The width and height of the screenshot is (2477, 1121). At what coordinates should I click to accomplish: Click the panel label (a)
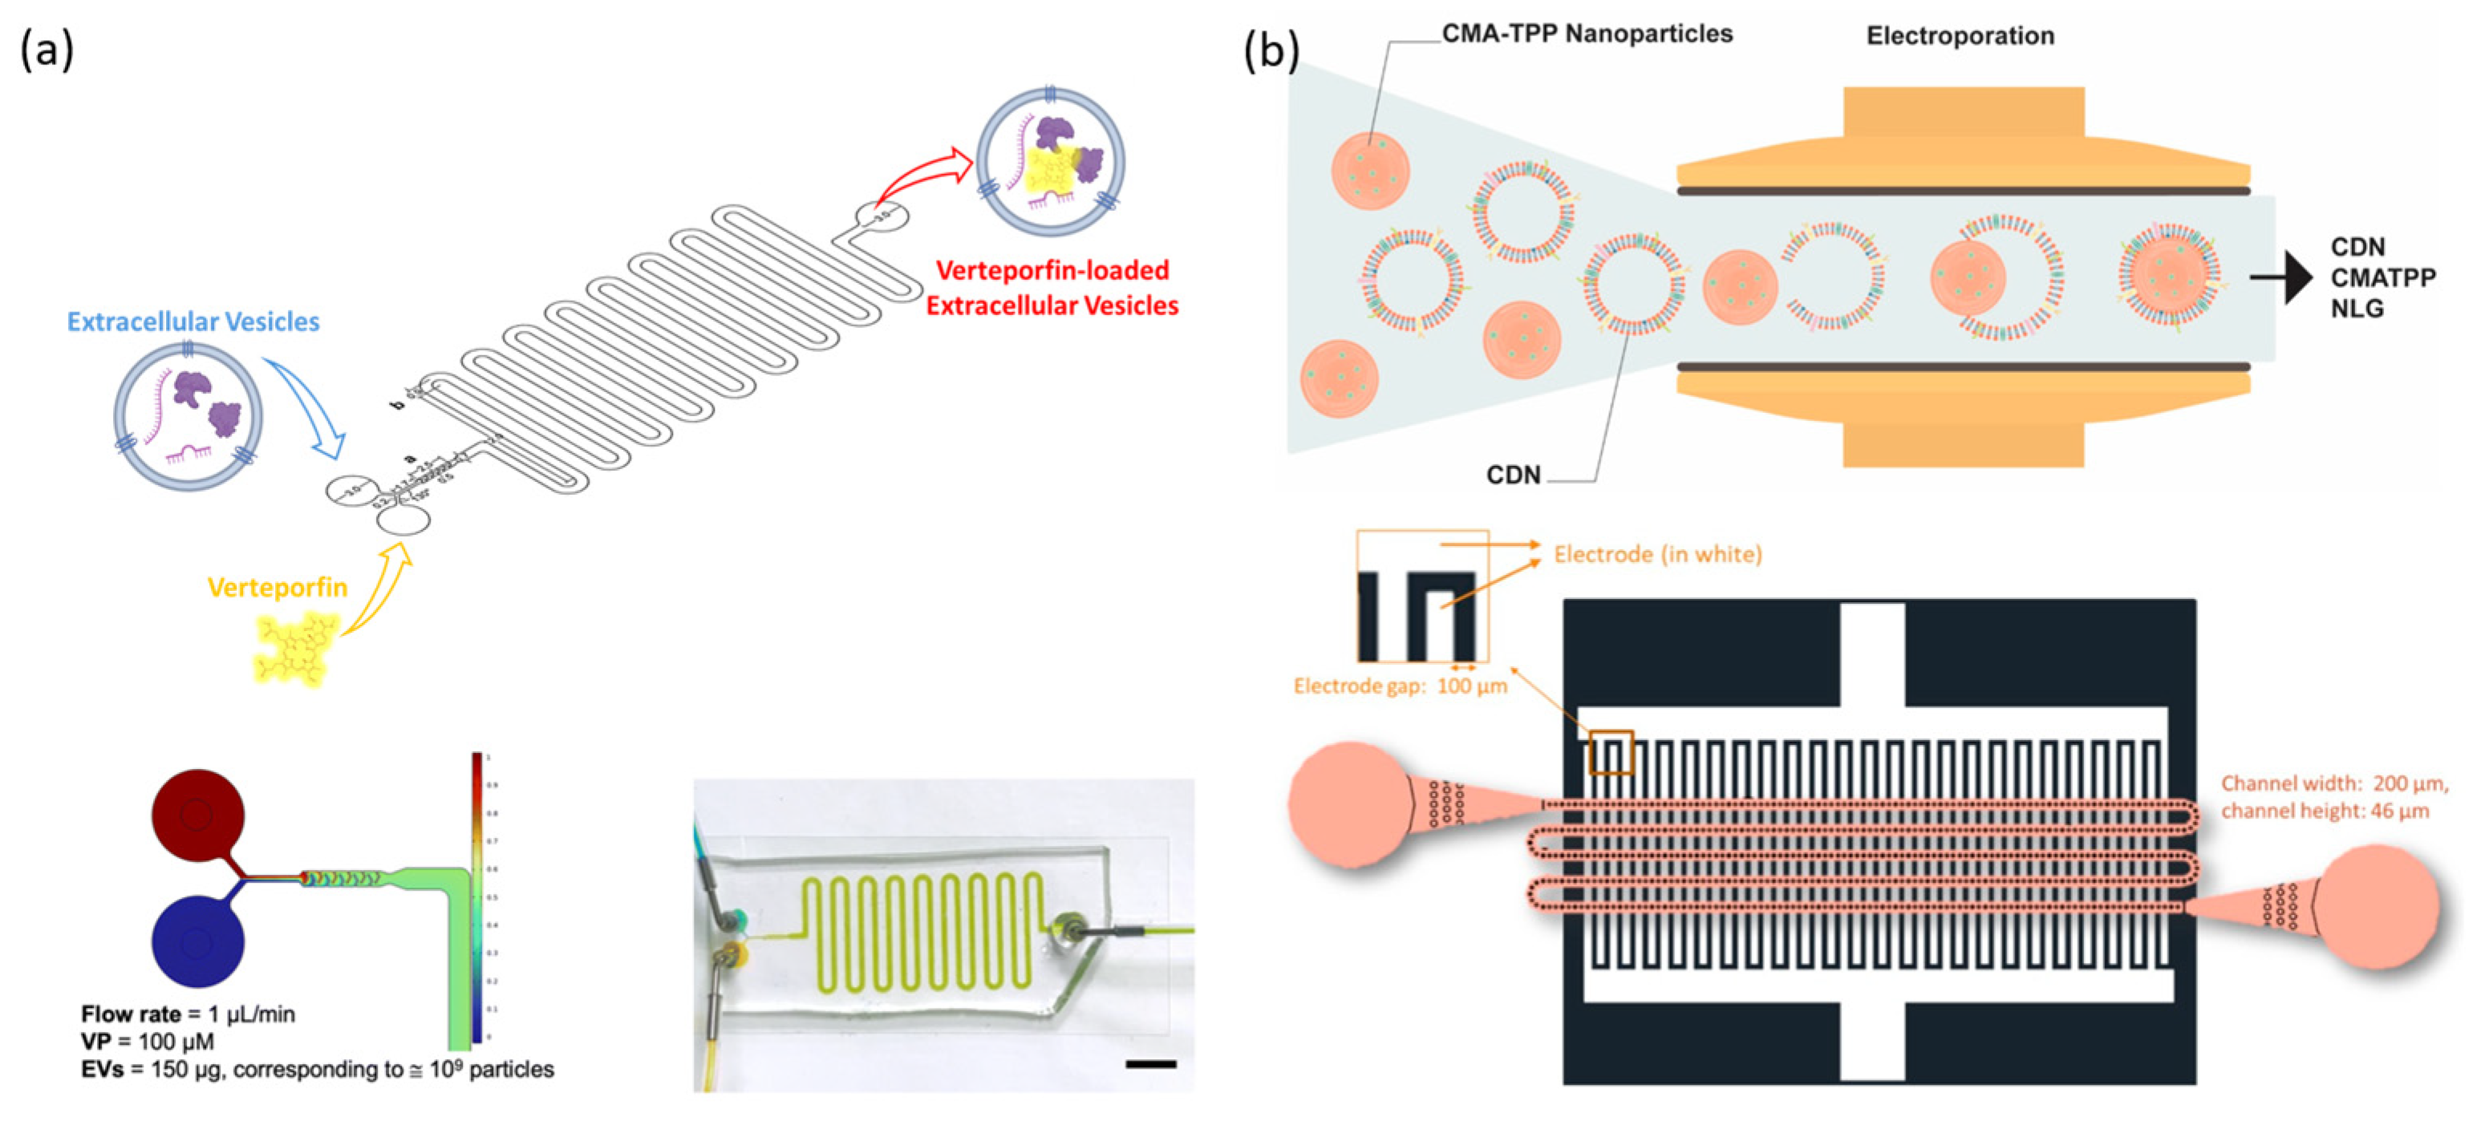point(47,50)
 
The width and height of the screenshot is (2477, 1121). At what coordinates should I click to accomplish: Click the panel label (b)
point(1271,50)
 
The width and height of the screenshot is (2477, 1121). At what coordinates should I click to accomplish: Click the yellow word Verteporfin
point(277,588)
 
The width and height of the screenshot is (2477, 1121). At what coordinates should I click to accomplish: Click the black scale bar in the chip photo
point(1150,1064)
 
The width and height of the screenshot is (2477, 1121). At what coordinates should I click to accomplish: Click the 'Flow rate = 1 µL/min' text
point(188,1014)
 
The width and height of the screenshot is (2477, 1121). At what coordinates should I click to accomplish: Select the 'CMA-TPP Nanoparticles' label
point(1587,34)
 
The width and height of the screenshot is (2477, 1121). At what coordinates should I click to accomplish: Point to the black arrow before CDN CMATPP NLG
point(2284,278)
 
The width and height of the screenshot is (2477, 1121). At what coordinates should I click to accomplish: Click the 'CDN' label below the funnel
point(1513,475)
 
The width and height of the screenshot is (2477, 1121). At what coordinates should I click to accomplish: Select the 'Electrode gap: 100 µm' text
point(1400,686)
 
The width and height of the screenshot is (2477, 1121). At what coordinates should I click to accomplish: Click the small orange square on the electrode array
point(1611,753)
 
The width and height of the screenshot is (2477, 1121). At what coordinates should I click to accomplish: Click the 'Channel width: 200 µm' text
point(2333,783)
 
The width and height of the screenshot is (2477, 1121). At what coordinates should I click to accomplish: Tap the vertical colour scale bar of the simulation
point(477,899)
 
